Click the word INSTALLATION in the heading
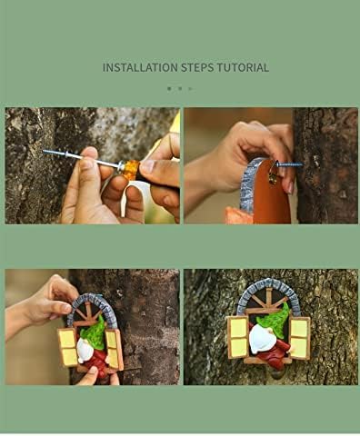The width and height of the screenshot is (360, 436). point(140,67)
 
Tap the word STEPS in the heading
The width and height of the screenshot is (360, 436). point(197,67)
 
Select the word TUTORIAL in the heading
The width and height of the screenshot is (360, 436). point(243,67)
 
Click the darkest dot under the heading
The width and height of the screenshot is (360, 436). point(169,89)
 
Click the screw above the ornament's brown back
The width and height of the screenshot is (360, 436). point(289,164)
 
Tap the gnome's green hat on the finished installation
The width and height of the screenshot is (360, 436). point(272,320)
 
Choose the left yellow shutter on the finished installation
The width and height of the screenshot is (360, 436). point(238,337)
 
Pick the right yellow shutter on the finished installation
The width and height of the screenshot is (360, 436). point(299,338)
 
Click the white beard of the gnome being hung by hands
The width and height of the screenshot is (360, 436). point(85,351)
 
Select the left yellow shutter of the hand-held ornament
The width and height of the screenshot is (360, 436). point(68,347)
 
